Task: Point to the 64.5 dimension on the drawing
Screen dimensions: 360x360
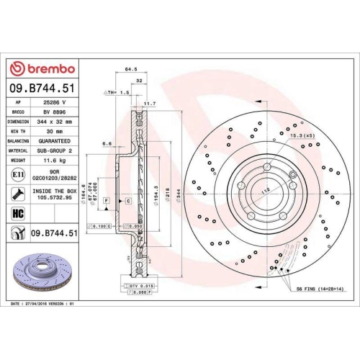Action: click(131, 70)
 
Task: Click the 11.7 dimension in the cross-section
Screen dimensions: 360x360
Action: click(150, 104)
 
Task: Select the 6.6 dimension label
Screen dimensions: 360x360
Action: click(107, 143)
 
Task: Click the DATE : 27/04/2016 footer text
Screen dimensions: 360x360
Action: click(44, 305)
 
